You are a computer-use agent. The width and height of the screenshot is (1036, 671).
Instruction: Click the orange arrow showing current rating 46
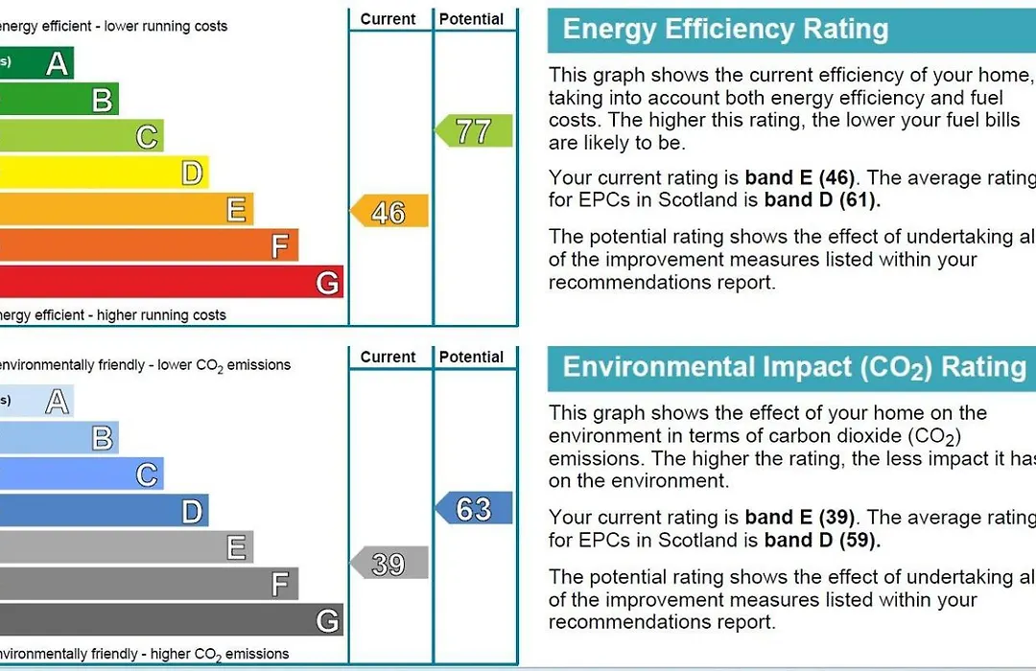pyautogui.click(x=388, y=212)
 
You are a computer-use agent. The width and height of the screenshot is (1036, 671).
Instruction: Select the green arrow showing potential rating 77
pyautogui.click(x=474, y=131)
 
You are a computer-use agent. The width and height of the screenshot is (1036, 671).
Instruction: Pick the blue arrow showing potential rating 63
pyautogui.click(x=474, y=508)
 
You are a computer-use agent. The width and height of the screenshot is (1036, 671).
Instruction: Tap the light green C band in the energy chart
pyautogui.click(x=82, y=136)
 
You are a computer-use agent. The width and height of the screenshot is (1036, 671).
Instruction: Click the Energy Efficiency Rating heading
pyautogui.click(x=725, y=30)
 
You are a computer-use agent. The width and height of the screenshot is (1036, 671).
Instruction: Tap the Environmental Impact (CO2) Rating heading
pyautogui.click(x=793, y=368)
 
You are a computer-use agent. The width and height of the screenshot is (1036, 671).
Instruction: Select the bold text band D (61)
pyautogui.click(x=822, y=201)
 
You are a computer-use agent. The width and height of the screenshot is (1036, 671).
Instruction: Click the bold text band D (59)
pyautogui.click(x=822, y=541)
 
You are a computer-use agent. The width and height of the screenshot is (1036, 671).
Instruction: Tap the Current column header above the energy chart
pyautogui.click(x=388, y=19)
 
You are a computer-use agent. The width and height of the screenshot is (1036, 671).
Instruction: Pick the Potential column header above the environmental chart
pyautogui.click(x=472, y=358)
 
